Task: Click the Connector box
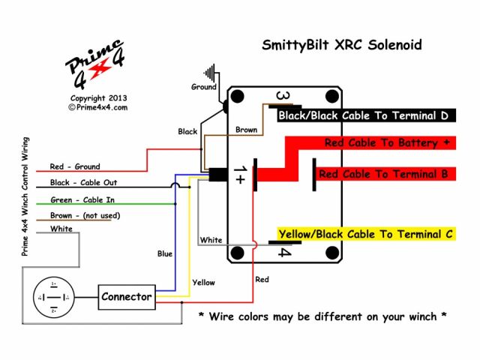coord(127,296)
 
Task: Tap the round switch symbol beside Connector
coord(53,297)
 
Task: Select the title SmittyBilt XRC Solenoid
coord(341,45)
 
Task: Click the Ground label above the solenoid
coord(203,87)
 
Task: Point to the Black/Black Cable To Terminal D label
coord(364,116)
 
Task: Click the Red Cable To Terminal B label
coord(383,174)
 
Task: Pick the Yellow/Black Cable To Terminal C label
coord(365,235)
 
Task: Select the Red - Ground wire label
coord(74,166)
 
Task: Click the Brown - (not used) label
coord(85,215)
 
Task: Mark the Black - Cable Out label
coord(83,182)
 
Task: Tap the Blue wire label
coord(164,253)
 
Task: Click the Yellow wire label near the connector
coord(203,283)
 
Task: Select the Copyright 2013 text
coord(98,98)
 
